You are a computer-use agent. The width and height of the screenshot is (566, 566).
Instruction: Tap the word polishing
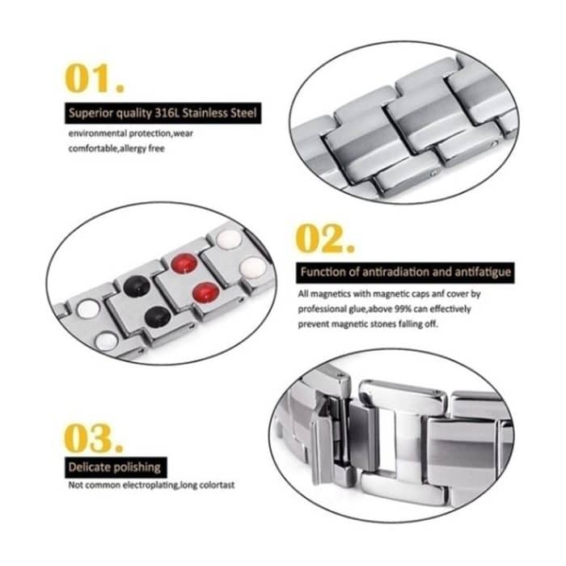pyautogui.click(x=135, y=467)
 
